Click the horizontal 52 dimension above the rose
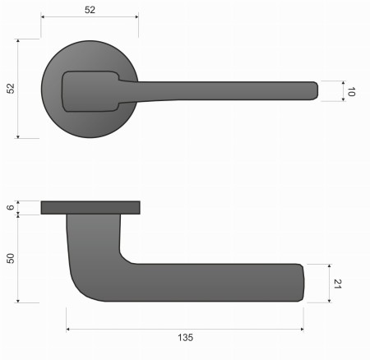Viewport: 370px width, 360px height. point(90,10)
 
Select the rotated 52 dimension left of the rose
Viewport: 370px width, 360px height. point(11,88)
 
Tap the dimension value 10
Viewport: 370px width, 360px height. point(351,92)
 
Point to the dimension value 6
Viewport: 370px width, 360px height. point(11,208)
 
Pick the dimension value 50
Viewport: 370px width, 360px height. point(11,258)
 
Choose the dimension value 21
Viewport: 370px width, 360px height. point(337,283)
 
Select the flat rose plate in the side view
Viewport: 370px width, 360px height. point(90,206)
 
